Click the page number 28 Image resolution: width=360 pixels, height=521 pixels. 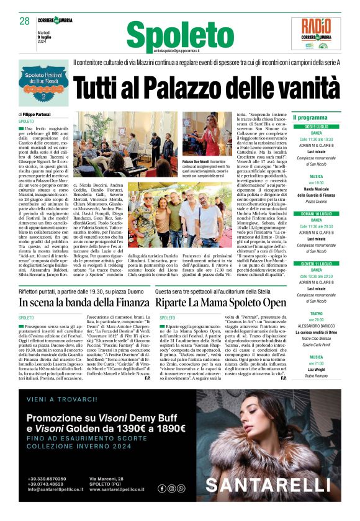pyautogui.click(x=25, y=20)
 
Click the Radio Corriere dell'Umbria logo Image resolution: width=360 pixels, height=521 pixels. pyautogui.click(x=320, y=33)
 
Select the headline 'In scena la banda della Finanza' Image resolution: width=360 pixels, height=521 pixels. pyautogui.click(x=84, y=303)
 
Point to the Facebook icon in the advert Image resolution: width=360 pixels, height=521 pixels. pyautogui.click(x=162, y=488)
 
